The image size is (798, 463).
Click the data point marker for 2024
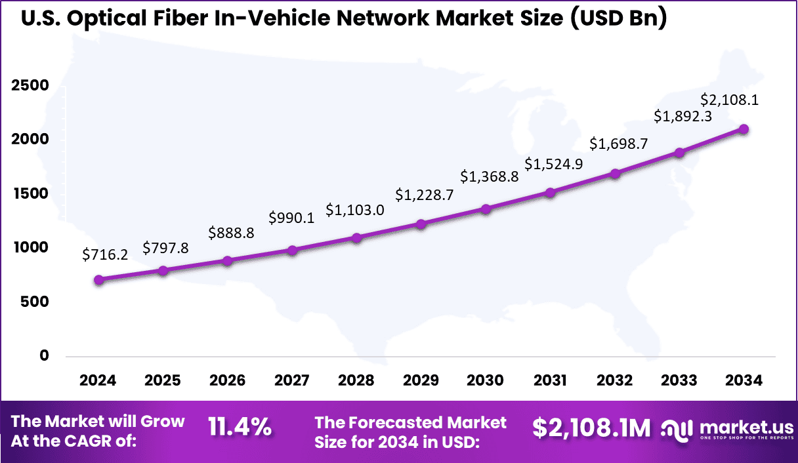coord(98,279)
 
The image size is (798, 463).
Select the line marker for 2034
coord(744,129)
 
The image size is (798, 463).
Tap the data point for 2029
coord(421,224)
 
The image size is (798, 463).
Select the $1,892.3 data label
coord(683,116)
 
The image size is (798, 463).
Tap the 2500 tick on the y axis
coord(30,86)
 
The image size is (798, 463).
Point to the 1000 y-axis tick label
coord(30,248)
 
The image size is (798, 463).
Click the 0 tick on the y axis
coord(44,355)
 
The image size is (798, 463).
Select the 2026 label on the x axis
coord(227,381)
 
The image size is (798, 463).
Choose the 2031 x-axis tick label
coord(550,381)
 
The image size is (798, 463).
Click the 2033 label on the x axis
coord(679,381)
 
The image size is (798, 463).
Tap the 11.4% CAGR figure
coord(240,428)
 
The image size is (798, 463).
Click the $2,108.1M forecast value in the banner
coord(591,428)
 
